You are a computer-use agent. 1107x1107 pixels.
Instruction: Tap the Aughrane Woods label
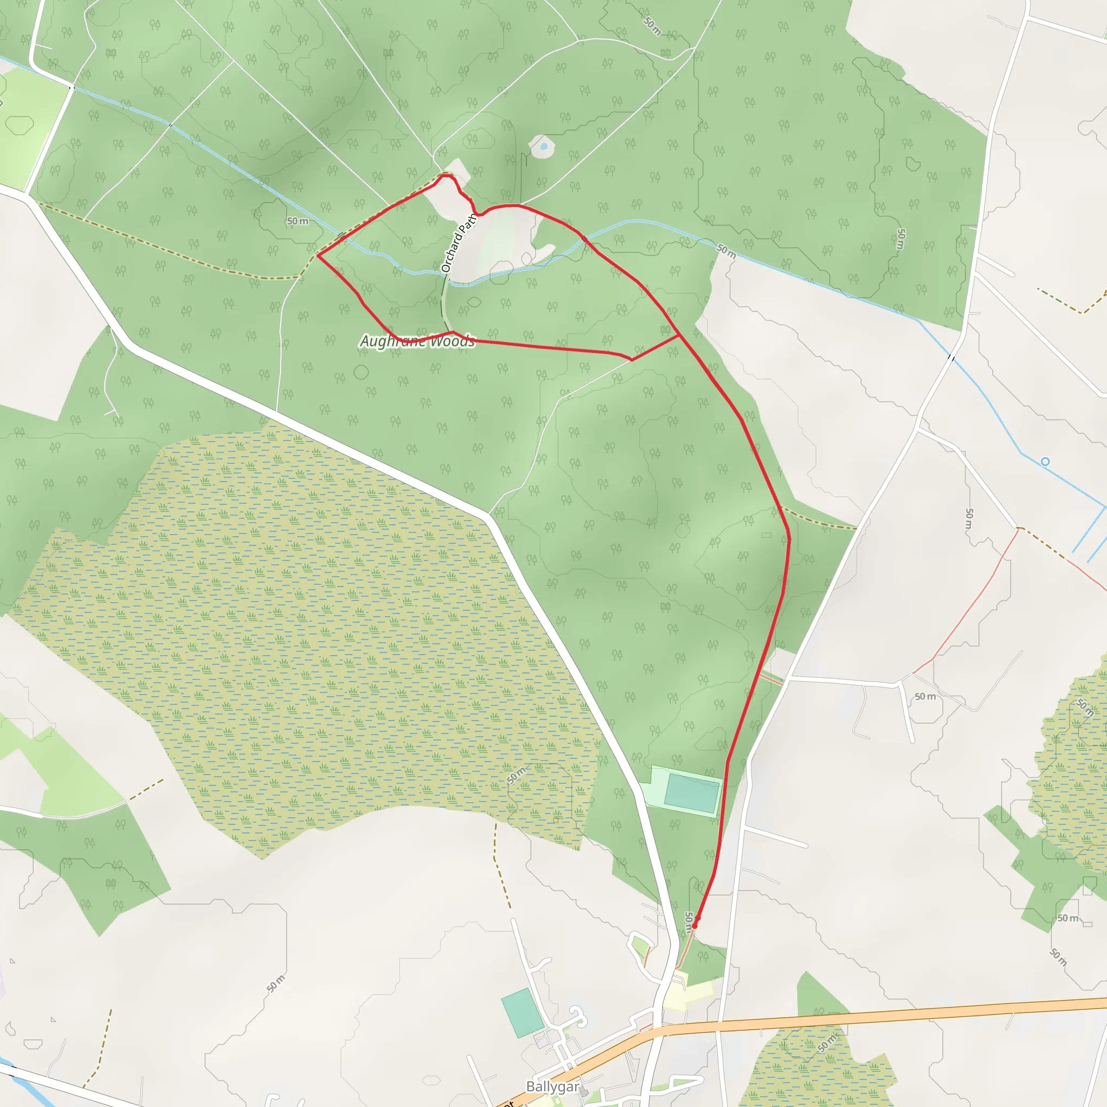(x=417, y=342)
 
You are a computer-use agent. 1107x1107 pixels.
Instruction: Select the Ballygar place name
(x=553, y=1087)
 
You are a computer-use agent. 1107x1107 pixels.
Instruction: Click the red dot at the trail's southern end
(x=695, y=925)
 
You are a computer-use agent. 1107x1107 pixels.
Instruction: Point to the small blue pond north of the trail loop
(x=543, y=146)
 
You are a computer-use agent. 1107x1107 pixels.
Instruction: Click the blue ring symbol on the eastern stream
(x=1045, y=462)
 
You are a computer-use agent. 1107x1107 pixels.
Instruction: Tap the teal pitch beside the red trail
(x=691, y=793)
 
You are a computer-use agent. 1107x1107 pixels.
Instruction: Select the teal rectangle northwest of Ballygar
(x=522, y=1013)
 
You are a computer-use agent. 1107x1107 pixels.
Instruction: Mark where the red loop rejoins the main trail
(x=679, y=335)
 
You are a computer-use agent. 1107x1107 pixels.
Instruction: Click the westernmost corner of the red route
(x=317, y=255)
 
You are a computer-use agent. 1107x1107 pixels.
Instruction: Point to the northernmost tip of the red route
(x=444, y=175)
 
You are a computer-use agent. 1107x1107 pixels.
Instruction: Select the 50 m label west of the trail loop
(x=297, y=221)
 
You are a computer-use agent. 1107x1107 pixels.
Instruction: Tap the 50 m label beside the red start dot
(x=689, y=922)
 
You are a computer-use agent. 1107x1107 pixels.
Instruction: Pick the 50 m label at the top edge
(x=652, y=25)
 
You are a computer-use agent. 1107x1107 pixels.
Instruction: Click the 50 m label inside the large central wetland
(x=516, y=775)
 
